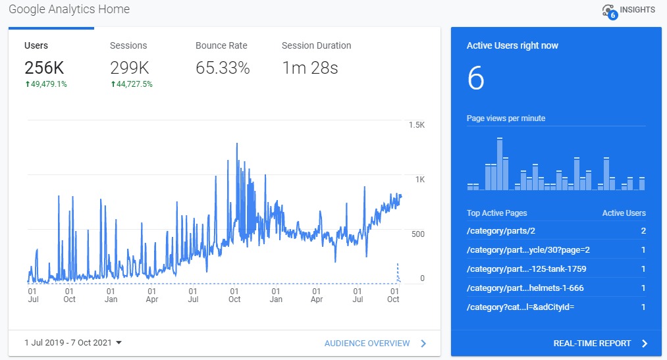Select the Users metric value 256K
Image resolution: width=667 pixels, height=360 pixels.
(44, 68)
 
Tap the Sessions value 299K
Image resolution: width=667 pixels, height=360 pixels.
(130, 68)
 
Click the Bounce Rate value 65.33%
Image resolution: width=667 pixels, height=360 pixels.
(223, 68)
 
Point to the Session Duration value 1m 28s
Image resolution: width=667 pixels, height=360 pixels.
(310, 68)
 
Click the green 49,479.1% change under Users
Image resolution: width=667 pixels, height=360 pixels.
(46, 84)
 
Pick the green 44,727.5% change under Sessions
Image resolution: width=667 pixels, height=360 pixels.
(132, 84)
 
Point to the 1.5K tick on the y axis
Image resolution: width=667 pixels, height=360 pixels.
(417, 125)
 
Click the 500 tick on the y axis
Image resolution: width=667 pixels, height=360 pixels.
(418, 234)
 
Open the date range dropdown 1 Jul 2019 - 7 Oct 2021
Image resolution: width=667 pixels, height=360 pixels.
(73, 343)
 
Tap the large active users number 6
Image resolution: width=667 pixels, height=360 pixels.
(475, 78)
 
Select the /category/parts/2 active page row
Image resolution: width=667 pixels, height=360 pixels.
(556, 231)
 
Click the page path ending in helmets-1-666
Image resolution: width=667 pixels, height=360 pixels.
(525, 288)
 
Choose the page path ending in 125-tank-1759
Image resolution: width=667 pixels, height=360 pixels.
(527, 269)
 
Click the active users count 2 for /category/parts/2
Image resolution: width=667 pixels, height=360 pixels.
(643, 231)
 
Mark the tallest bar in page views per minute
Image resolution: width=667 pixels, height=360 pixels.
(500, 164)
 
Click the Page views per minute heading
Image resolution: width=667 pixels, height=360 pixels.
(506, 118)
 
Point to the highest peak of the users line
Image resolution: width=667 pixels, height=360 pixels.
(237, 143)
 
